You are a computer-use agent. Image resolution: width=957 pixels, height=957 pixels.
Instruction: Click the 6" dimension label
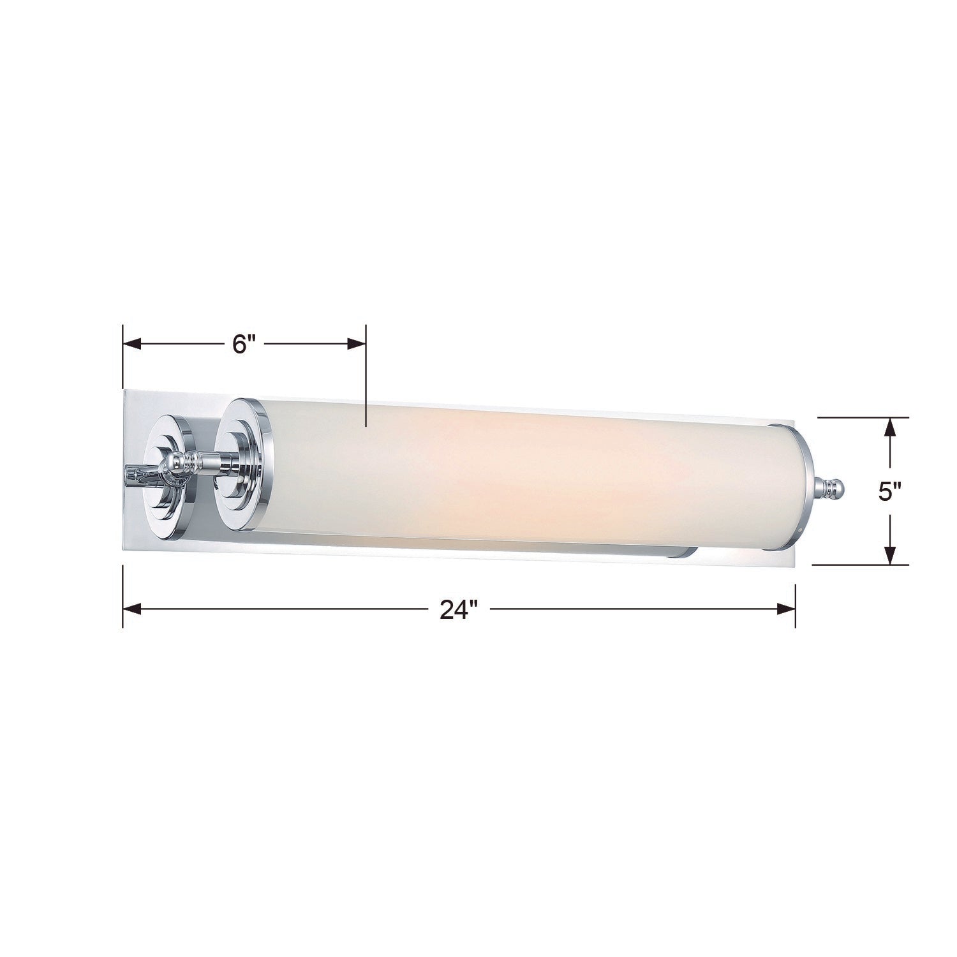coord(244,345)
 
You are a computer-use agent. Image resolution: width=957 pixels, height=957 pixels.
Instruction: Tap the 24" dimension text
coord(459,610)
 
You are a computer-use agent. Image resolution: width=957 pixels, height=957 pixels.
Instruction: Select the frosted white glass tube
coord(510,478)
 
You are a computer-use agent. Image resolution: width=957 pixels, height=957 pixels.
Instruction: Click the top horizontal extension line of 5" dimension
coord(861,417)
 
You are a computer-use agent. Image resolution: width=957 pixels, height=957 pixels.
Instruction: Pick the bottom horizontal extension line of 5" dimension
coord(861,565)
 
